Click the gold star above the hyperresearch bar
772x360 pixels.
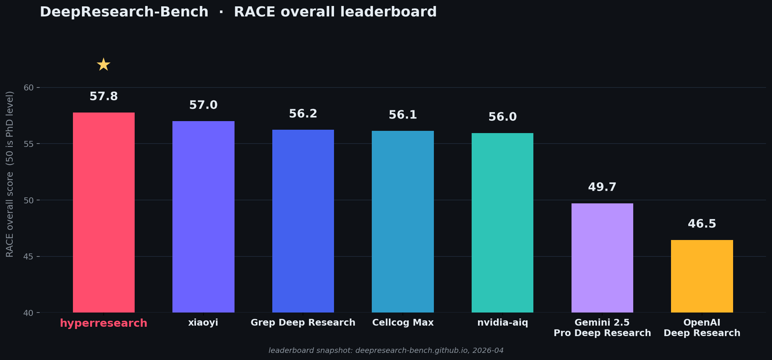point(104,65)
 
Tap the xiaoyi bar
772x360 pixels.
point(203,217)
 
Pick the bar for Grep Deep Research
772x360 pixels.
point(303,221)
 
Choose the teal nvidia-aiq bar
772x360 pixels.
point(502,222)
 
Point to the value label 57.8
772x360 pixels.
point(104,96)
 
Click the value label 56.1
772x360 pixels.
point(403,115)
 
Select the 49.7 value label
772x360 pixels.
point(602,187)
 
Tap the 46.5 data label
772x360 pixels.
point(702,224)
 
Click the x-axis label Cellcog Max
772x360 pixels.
point(403,323)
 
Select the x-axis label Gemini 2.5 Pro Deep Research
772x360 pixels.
point(602,327)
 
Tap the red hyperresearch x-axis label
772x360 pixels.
point(104,323)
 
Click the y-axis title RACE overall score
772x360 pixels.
point(10,174)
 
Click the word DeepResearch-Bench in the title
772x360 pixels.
point(124,12)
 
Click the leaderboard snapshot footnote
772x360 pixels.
point(386,351)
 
